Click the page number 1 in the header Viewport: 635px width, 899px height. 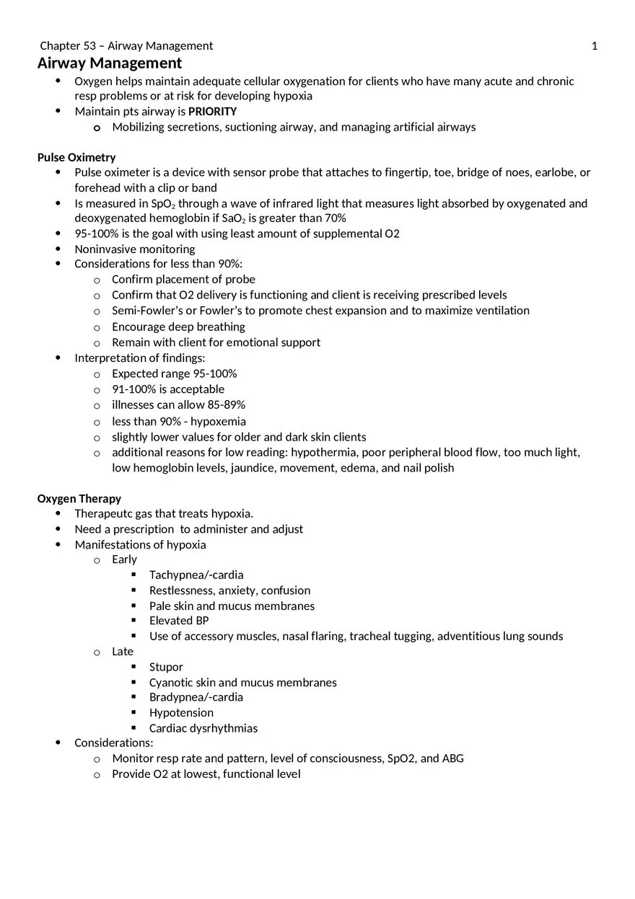[x=595, y=46]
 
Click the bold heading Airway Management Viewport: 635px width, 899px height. [x=110, y=63]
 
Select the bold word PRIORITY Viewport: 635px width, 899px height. [x=212, y=112]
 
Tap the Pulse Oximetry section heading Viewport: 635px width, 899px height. [x=76, y=157]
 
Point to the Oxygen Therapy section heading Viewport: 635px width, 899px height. [x=79, y=499]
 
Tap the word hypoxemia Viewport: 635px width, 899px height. [x=218, y=421]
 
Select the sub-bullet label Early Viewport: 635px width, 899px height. [x=124, y=559]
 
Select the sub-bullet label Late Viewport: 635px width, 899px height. [x=123, y=652]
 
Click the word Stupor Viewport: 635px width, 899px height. [x=166, y=667]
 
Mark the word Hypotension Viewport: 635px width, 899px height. [x=181, y=713]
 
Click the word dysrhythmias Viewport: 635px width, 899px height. [x=224, y=728]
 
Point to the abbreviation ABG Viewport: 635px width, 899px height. [x=452, y=758]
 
